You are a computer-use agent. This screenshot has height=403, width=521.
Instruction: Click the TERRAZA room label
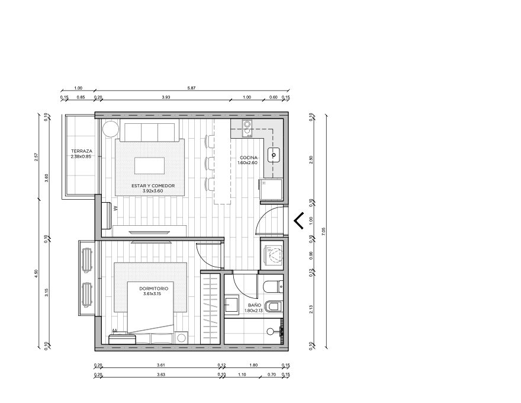(82, 151)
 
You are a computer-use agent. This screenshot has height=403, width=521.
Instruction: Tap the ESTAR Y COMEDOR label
(153, 186)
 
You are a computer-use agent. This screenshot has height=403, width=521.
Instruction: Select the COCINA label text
(249, 158)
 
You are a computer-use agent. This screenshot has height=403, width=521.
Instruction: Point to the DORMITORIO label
(153, 289)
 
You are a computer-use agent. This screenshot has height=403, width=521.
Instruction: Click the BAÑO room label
(255, 305)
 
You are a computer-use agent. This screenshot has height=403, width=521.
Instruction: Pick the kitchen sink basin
(274, 155)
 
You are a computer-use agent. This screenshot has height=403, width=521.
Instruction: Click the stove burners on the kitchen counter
(247, 129)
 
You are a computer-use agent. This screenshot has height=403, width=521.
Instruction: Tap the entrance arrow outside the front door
(298, 220)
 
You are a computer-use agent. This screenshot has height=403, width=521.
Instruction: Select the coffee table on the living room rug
(149, 165)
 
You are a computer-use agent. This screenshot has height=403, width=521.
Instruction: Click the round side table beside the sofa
(110, 129)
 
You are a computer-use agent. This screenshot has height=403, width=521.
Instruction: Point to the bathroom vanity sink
(231, 304)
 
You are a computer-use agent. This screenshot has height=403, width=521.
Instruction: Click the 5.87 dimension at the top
(191, 88)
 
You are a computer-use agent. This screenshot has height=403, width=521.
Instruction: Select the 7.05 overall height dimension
(324, 231)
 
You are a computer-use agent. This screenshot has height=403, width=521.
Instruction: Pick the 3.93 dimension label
(166, 97)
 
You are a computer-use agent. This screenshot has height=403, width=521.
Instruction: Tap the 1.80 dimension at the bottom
(253, 365)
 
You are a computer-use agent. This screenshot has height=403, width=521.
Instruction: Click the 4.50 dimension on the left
(36, 273)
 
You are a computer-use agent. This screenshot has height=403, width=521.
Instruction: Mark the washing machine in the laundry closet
(272, 255)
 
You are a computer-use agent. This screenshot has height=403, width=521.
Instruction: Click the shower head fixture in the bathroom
(271, 331)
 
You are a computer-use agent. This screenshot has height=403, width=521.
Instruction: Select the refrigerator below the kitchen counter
(271, 190)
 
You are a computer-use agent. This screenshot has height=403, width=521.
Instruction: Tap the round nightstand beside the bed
(181, 338)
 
